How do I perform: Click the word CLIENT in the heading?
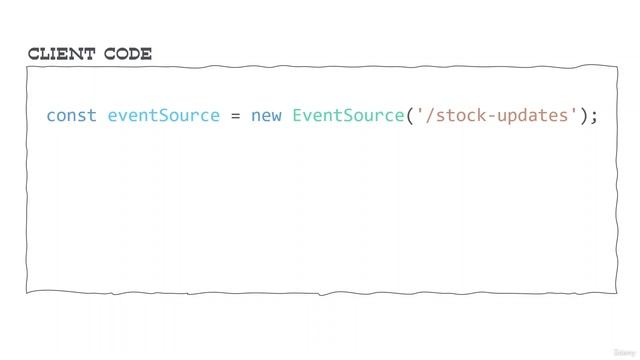tap(64, 54)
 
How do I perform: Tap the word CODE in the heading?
tap(128, 54)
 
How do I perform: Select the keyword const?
tap(71, 115)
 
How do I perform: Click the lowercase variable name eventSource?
tap(163, 115)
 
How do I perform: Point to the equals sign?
tap(235, 115)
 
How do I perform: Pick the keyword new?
tap(266, 115)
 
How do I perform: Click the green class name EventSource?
tap(347, 115)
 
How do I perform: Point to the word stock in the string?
tap(457, 115)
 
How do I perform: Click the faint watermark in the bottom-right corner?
tap(622, 350)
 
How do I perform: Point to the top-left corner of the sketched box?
tap(29, 67)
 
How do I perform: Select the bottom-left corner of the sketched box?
tap(29, 291)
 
